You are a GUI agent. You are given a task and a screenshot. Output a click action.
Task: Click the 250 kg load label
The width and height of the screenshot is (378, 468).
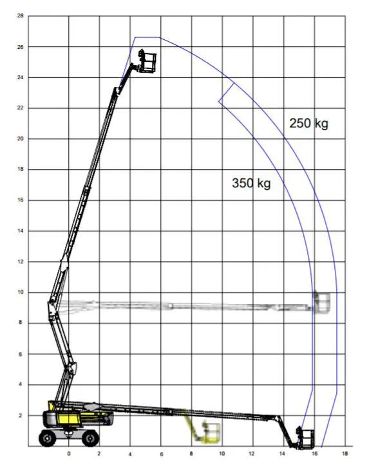pos(308,124)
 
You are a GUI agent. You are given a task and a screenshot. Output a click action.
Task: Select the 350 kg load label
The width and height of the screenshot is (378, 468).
pos(251,183)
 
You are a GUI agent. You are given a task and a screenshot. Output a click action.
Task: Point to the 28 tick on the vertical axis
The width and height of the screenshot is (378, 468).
pos(21,16)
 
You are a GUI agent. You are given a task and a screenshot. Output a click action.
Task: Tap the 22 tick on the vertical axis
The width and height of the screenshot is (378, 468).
pos(21,108)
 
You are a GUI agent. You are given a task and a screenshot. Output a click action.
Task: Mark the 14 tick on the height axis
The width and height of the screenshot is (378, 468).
pos(21,231)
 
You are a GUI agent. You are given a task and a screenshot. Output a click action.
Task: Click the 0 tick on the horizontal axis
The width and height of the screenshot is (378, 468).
pos(69,453)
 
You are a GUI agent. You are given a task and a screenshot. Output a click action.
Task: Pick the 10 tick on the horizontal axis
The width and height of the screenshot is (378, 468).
pos(222,453)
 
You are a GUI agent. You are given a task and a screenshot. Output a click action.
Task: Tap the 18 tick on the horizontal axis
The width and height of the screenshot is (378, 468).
pos(345,453)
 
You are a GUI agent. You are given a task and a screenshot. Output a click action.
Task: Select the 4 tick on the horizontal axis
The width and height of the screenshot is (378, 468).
pos(130,453)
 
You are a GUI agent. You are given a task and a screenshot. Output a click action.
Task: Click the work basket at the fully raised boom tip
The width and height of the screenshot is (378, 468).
pos(147,62)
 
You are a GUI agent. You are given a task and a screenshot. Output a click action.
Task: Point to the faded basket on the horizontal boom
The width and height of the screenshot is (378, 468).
pos(323,301)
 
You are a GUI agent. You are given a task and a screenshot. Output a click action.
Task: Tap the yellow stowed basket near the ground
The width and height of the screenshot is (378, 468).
pos(209,431)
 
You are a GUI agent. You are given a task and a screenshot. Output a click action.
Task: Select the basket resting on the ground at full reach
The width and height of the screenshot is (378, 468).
pos(305,437)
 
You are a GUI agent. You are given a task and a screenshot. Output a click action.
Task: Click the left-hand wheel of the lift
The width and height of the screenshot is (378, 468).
pos(48,438)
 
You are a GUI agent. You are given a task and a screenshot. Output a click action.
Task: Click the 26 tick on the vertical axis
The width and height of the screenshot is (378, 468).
pos(21,47)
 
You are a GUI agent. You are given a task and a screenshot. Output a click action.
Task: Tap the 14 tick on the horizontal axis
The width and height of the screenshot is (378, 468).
pos(283,453)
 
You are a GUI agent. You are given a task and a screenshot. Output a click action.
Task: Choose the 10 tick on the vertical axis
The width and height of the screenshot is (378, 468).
pos(21,292)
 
